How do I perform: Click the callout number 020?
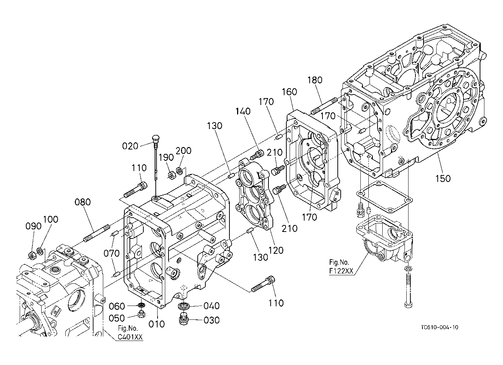coord(130,146)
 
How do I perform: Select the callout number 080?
coord(83,202)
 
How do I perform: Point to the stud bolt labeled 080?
coord(96,233)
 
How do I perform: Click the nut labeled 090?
coord(31,256)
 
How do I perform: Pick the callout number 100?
coord(51,219)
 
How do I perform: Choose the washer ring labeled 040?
coord(183,306)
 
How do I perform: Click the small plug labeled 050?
coord(141,314)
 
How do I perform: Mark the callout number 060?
coord(117,306)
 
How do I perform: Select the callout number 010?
coord(156,324)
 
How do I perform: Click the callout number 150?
coord(443,179)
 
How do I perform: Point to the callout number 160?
coord(290,92)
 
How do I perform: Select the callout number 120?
coord(276,250)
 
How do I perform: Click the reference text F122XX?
coord(341,271)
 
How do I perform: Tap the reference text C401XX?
coord(130,337)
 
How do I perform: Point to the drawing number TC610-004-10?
coord(440,327)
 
